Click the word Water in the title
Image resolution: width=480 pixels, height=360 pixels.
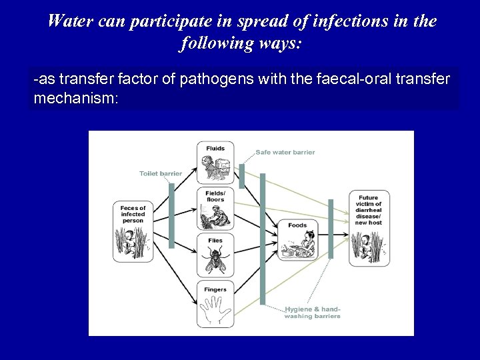[69, 21]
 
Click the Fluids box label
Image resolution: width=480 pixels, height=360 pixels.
[215, 148]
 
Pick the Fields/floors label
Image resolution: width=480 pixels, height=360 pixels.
[215, 195]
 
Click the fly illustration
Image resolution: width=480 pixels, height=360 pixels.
[215, 259]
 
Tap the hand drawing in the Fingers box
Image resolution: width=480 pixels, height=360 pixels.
[215, 311]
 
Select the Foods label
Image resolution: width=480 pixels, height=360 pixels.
[297, 225]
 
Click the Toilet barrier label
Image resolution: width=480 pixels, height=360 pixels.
[161, 173]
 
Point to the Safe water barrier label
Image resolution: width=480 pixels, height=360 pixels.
[285, 152]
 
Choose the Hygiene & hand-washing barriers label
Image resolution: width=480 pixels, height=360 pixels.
[312, 313]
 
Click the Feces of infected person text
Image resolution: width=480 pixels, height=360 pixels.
[133, 214]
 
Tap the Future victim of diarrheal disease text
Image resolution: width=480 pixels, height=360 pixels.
[368, 210]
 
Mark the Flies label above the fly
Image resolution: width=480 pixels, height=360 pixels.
[215, 240]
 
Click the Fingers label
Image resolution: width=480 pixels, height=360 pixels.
[215, 289]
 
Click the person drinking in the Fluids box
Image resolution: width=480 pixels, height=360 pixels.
[215, 168]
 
